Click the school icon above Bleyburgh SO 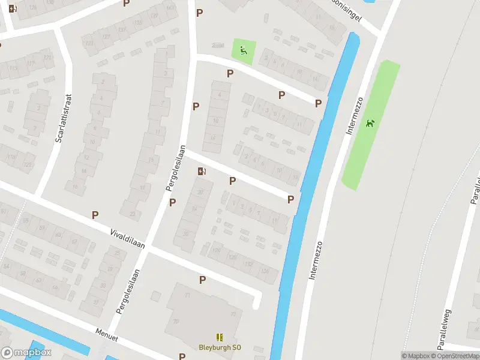(x=219, y=338)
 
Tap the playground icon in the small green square (x=243, y=50)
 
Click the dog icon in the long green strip (x=370, y=124)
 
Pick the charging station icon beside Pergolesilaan (x=202, y=172)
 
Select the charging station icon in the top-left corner (x=13, y=9)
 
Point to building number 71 (x=187, y=296)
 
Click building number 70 (x=176, y=321)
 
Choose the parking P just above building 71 (x=202, y=280)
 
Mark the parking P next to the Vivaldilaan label (x=95, y=214)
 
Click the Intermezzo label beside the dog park (x=353, y=115)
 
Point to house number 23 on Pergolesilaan (x=132, y=214)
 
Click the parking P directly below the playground (x=229, y=73)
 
